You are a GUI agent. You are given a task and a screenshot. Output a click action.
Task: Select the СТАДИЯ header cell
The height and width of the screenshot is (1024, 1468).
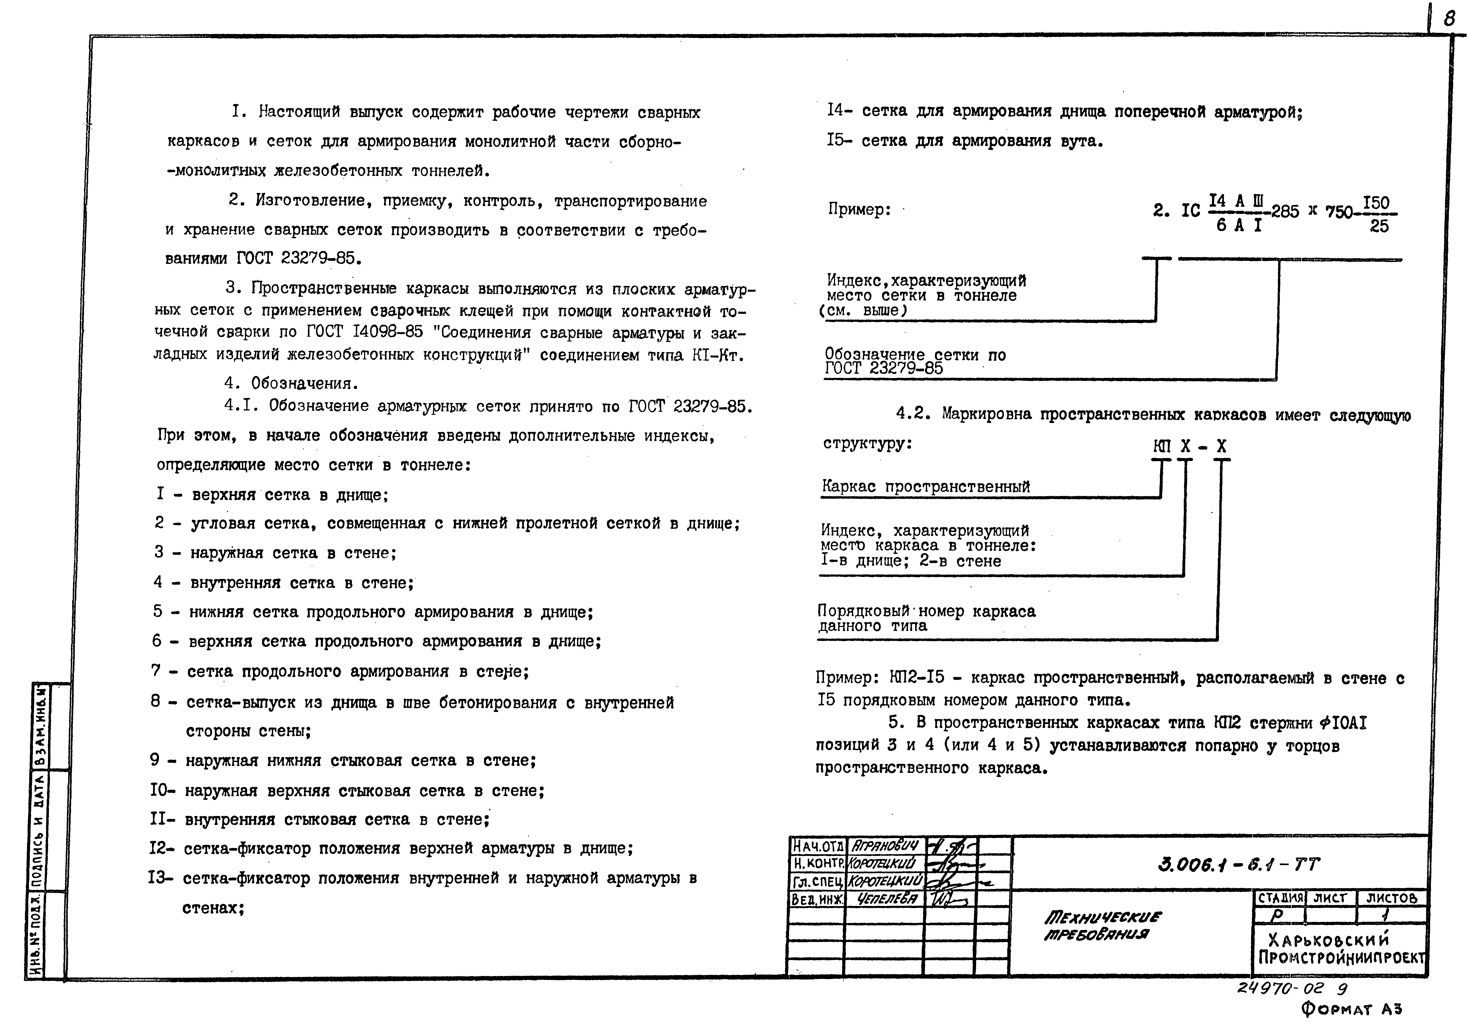pos(1279,898)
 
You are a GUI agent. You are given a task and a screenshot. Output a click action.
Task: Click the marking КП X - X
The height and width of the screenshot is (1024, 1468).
pos(1191,446)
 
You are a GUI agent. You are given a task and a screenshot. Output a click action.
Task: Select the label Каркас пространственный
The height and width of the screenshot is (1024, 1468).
pos(926,486)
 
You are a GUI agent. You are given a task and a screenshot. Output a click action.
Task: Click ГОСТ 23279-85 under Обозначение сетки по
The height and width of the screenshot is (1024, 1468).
pos(884,369)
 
